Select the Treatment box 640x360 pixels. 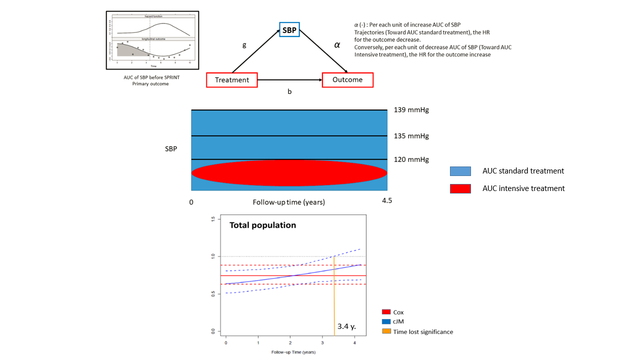point(232,80)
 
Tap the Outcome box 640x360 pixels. point(347,79)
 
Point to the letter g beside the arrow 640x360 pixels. point(244,45)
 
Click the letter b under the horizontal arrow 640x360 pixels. point(289,92)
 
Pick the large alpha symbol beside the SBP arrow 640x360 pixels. point(337,44)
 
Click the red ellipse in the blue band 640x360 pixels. point(289,173)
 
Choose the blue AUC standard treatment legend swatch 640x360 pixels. point(460,171)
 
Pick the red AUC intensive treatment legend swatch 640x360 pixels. point(460,188)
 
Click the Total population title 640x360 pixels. point(262,225)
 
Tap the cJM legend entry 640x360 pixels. point(399,321)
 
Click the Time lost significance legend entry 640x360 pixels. point(423,331)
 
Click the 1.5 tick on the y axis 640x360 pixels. point(212,219)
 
